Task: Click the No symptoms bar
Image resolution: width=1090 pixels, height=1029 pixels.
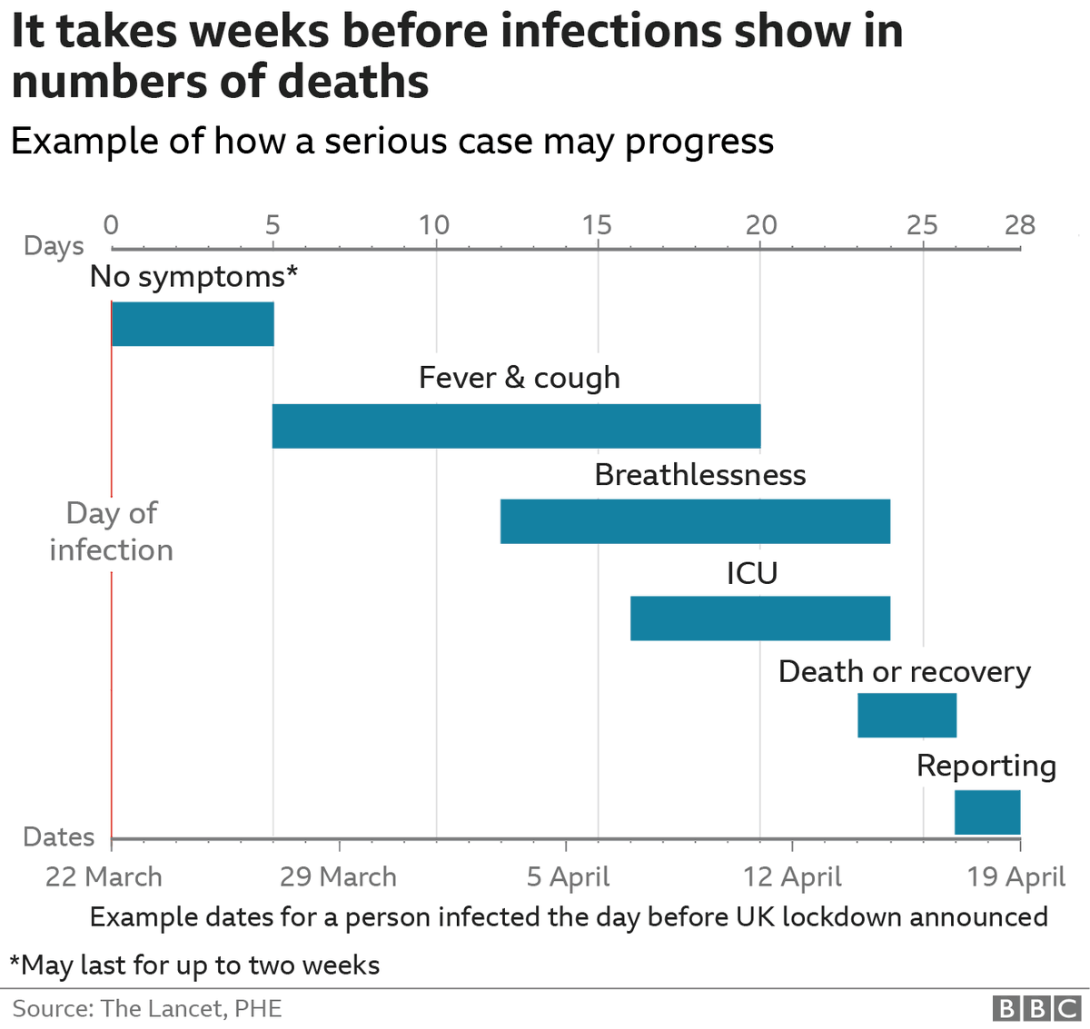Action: point(193,324)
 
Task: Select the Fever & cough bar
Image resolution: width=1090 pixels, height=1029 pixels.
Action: point(516,426)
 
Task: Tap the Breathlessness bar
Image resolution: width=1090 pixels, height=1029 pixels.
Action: point(695,522)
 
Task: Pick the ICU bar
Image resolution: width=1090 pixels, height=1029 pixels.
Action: point(760,618)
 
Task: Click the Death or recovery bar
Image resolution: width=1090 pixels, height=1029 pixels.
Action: point(907,716)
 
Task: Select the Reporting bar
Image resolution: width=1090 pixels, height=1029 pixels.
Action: point(986,812)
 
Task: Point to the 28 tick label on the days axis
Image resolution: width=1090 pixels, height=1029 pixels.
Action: point(1019,225)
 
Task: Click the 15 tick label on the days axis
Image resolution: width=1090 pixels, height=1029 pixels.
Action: point(597,225)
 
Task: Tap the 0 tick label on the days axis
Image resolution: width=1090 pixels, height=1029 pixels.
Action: point(111,225)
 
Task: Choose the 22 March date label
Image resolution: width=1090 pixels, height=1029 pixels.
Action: point(104,877)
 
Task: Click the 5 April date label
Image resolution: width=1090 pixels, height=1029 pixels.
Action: point(568,877)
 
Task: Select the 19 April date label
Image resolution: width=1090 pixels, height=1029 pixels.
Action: point(1016,877)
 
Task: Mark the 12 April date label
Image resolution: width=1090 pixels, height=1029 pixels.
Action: point(792,877)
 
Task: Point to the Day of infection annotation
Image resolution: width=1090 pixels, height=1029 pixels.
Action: point(111,531)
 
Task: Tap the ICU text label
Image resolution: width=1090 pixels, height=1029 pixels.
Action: point(751,574)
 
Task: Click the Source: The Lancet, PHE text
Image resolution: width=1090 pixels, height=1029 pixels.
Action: point(147,1009)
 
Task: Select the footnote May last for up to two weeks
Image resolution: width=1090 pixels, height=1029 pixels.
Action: point(194,965)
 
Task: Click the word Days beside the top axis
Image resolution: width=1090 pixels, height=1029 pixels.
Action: point(54,246)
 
